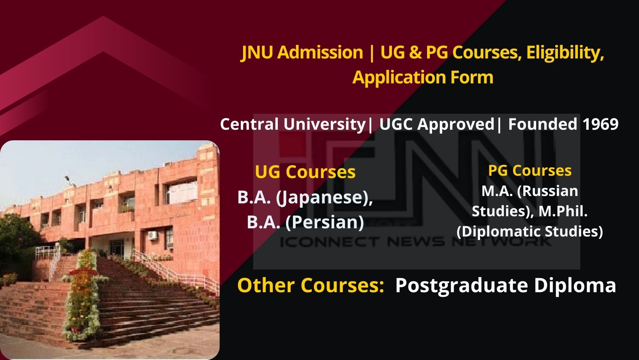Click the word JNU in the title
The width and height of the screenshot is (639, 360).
pyautogui.click(x=258, y=53)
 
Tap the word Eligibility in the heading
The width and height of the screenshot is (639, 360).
pyautogui.click(x=565, y=53)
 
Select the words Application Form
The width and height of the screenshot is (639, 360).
pyautogui.click(x=423, y=77)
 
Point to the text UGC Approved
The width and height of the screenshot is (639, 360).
pyautogui.click(x=437, y=125)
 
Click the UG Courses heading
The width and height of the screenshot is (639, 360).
pyautogui.click(x=305, y=172)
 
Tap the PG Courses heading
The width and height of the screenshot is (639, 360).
pyautogui.click(x=530, y=171)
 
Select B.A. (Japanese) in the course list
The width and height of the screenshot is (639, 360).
pyautogui.click(x=305, y=197)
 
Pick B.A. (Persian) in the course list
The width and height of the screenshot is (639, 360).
pyautogui.click(x=305, y=222)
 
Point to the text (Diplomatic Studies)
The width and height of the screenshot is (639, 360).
pyautogui.click(x=530, y=231)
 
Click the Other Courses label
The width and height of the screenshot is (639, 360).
pyautogui.click(x=311, y=285)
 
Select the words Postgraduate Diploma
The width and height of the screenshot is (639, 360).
pyautogui.click(x=505, y=286)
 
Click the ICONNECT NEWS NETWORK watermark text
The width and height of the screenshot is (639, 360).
pyautogui.click(x=415, y=242)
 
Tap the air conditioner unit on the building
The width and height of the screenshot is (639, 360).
pyautogui.click(x=153, y=235)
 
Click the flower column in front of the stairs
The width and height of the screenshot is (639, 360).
pyautogui.click(x=83, y=296)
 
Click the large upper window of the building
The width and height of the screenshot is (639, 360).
pyautogui.click(x=182, y=192)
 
